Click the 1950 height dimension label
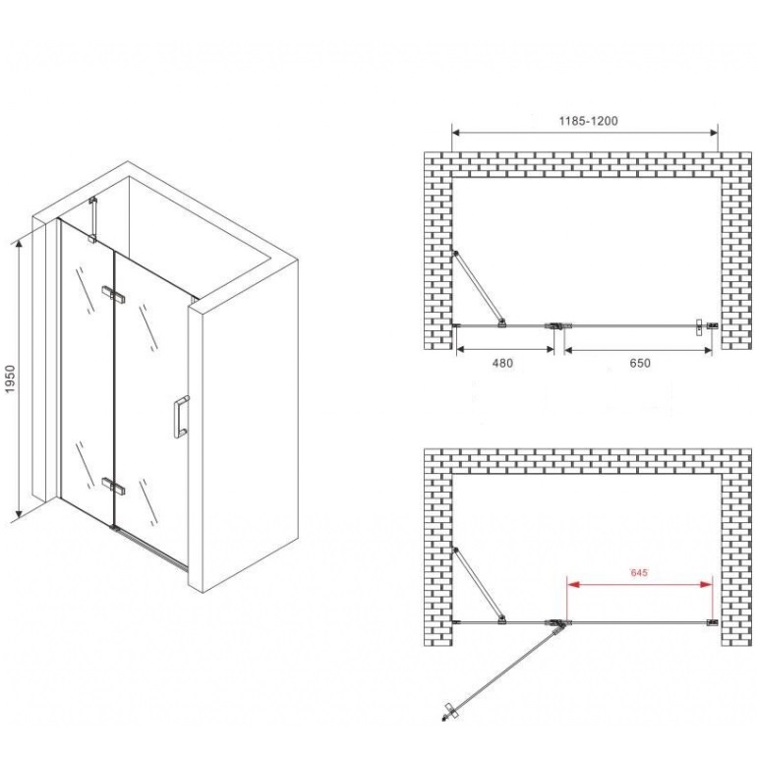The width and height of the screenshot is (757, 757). tap(10, 378)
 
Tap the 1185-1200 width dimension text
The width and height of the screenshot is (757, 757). tap(588, 121)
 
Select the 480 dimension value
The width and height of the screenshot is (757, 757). tap(502, 363)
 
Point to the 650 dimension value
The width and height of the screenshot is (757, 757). tap(640, 363)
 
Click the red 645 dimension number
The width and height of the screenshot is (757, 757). tap(639, 573)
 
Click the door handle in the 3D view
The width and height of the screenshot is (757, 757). tap(181, 417)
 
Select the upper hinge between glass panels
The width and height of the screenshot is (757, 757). tap(113, 295)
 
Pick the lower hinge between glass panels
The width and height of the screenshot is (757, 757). tap(114, 486)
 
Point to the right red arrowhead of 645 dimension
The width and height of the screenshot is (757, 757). tap(706, 585)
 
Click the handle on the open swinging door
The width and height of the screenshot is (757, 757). tap(449, 712)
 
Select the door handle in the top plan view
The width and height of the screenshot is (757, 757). tap(698, 327)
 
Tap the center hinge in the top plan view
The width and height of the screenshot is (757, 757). tap(557, 325)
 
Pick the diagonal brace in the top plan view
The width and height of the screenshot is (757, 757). tap(479, 288)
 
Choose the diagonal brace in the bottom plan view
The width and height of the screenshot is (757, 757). tap(479, 585)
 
